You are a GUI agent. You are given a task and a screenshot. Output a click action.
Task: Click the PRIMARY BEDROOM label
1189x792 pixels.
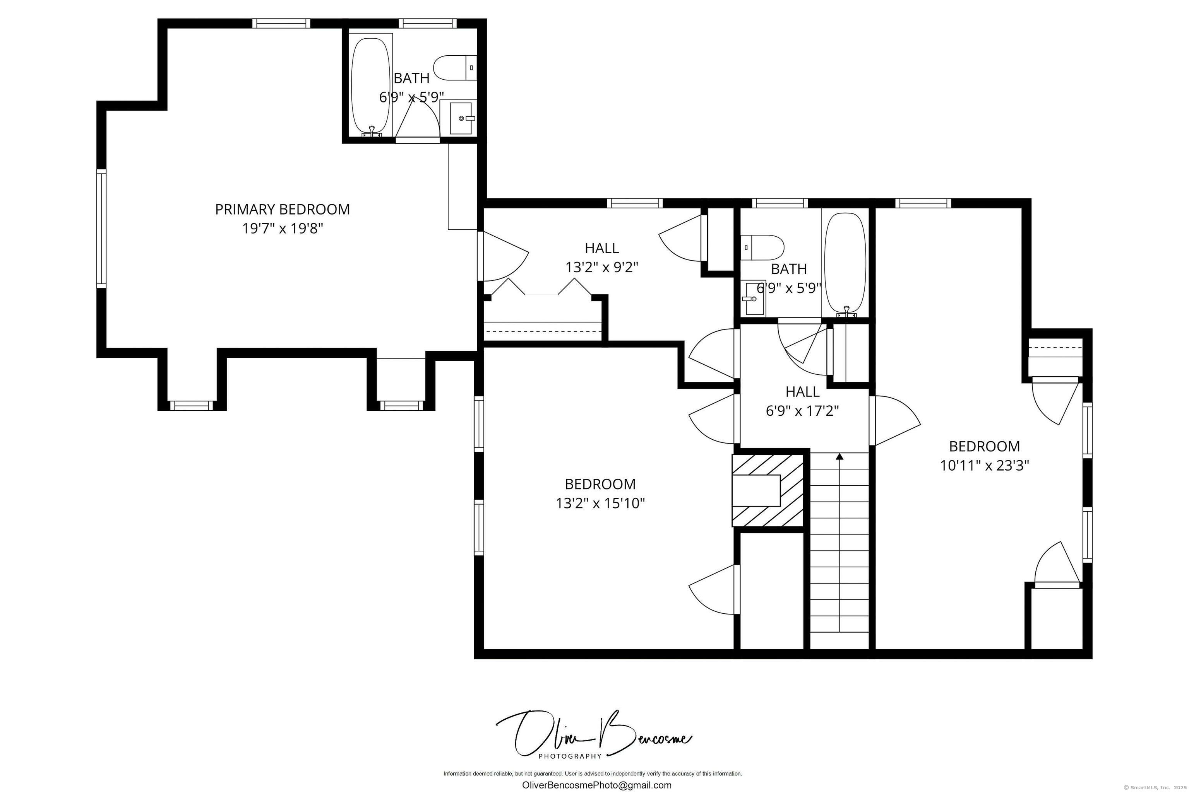282,209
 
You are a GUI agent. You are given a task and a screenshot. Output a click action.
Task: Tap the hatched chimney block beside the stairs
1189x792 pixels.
768,490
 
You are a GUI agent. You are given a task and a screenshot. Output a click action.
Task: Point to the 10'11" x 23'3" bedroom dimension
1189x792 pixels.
984,465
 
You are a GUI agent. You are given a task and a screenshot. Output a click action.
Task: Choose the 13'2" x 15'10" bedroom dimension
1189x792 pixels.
601,503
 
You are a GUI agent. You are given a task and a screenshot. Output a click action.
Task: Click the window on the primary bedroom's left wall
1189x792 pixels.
102,229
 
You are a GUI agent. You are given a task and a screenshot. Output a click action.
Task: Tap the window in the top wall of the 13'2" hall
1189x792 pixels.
634,203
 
